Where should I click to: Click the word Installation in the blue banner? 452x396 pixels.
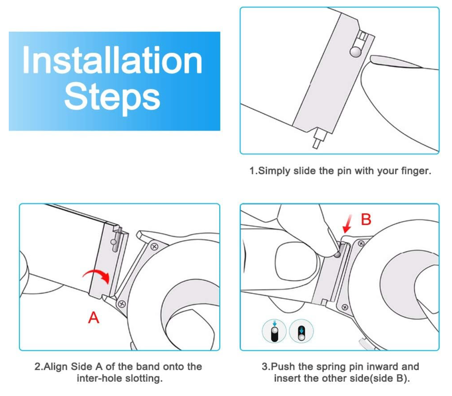(112, 60)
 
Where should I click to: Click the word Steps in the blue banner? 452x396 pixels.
(112, 98)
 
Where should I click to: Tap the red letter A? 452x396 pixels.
(94, 318)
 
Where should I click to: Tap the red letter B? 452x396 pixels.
(366, 219)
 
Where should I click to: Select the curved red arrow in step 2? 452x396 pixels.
(97, 274)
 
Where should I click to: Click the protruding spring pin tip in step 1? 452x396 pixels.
(318, 141)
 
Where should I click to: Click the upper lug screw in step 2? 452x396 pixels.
(154, 246)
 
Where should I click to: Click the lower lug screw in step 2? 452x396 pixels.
(122, 304)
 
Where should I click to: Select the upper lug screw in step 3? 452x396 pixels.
(361, 244)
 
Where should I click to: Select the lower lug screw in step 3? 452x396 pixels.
(344, 307)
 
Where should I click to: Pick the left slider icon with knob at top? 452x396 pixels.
(274, 331)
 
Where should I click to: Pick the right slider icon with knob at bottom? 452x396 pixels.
(301, 331)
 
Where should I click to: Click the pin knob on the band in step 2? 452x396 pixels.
(113, 242)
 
